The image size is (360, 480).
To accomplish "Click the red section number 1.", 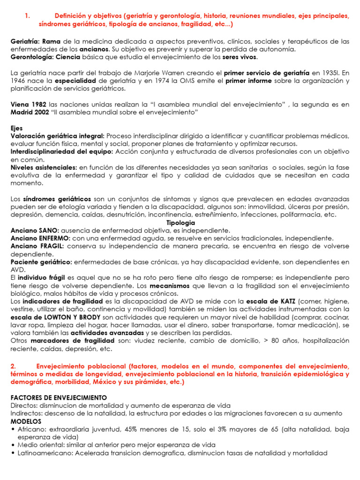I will click(27, 16).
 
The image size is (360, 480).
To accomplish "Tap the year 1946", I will click(18, 81).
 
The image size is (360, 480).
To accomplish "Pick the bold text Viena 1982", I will click(28, 104).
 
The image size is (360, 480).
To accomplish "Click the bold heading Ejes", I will click(16, 127).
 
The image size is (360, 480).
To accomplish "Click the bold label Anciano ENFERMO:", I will click(40, 238).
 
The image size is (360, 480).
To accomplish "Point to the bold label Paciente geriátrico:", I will click(41, 262).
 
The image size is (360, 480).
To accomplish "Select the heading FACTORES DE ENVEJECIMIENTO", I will click(59, 397).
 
